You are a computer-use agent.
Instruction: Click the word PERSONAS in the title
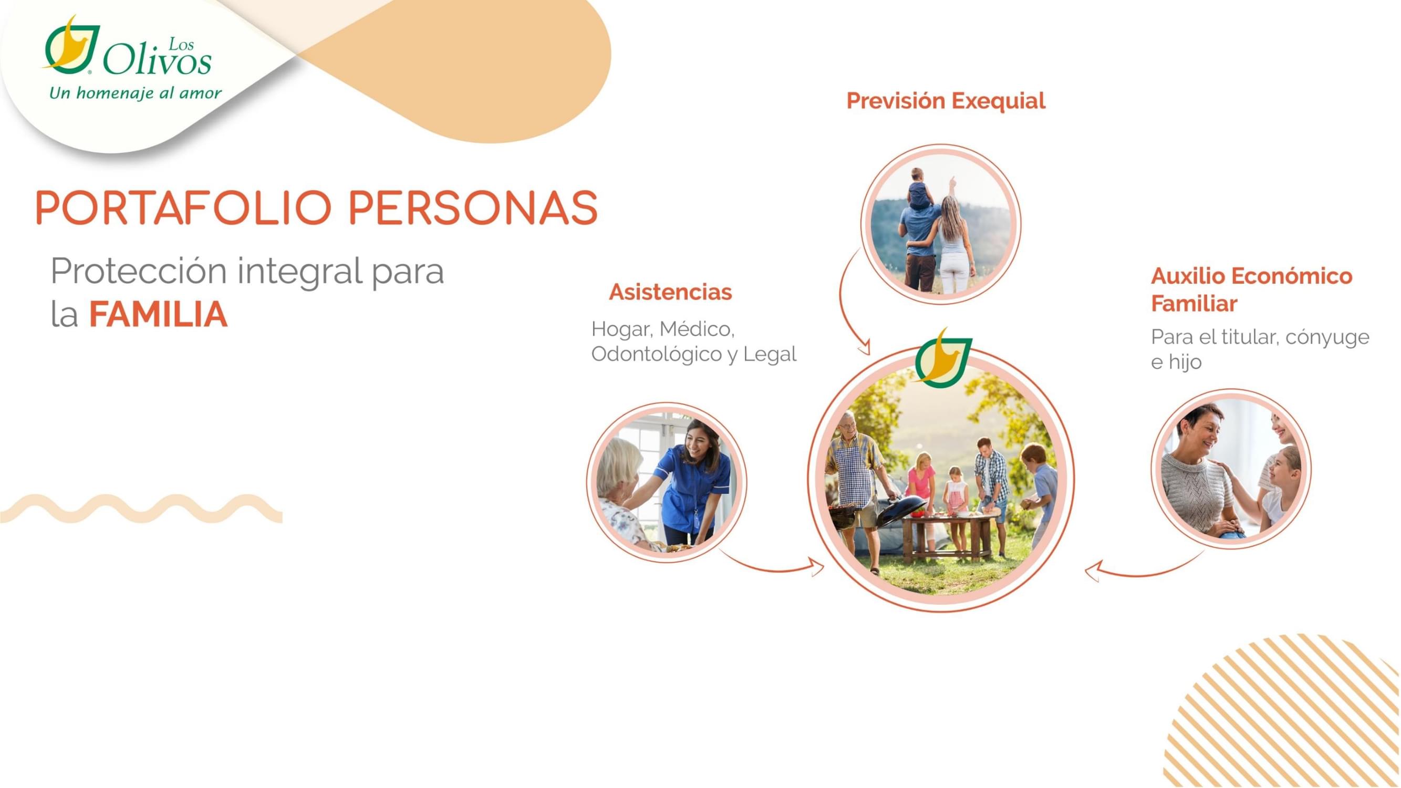point(473,208)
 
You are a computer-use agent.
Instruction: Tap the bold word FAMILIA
point(158,314)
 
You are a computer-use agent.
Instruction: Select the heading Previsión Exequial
point(946,101)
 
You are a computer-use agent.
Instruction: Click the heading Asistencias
point(670,292)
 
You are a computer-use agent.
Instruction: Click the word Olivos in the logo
point(157,61)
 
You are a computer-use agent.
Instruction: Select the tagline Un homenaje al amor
point(136,94)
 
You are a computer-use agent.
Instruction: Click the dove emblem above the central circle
point(942,358)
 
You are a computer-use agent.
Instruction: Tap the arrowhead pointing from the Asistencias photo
point(817,566)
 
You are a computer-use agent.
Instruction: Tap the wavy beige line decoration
point(141,509)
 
